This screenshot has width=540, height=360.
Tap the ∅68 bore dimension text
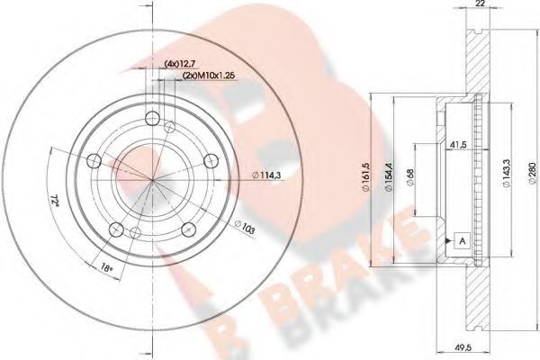tap(411, 178)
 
